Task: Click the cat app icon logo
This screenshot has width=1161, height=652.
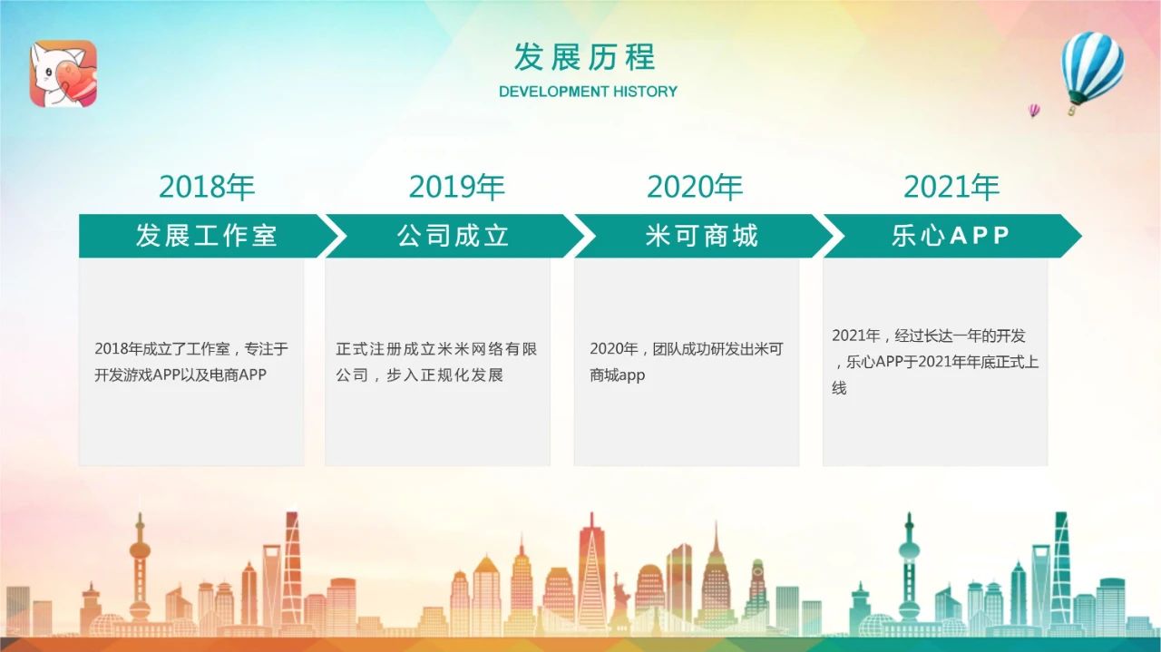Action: pos(63,73)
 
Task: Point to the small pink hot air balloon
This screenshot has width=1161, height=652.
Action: pos(1033,111)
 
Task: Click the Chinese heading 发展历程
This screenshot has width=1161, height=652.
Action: pos(585,57)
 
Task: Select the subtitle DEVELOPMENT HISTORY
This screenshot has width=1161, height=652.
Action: pos(588,92)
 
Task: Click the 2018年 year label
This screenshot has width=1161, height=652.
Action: pos(207,187)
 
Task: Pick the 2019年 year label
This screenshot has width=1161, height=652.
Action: pos(456,187)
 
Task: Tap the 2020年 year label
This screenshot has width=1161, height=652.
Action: pos(695,187)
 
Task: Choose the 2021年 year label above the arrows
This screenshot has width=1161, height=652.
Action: pos(951,187)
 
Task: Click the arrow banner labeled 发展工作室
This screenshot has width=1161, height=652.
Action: pos(208,236)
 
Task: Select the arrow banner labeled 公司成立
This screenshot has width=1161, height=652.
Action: pos(454,236)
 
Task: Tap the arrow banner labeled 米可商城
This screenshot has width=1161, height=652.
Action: pos(702,236)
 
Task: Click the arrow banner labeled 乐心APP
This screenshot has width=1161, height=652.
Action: pos(951,236)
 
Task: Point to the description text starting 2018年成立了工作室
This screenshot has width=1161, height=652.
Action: pos(190,362)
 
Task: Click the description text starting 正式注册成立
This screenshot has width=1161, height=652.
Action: pos(436,362)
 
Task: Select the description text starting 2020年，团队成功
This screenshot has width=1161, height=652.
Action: pos(687,362)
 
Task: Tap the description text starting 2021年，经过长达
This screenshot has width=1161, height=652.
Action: pos(935,362)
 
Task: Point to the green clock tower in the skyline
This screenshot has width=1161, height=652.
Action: pos(757,591)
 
